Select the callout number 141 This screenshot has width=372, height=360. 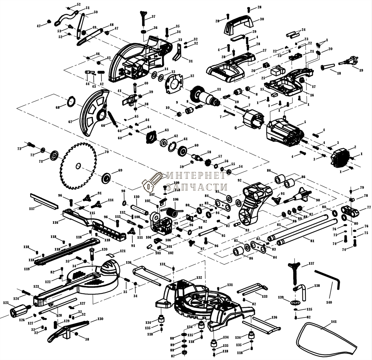[333, 321]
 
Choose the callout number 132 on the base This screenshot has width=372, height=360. [199, 277]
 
